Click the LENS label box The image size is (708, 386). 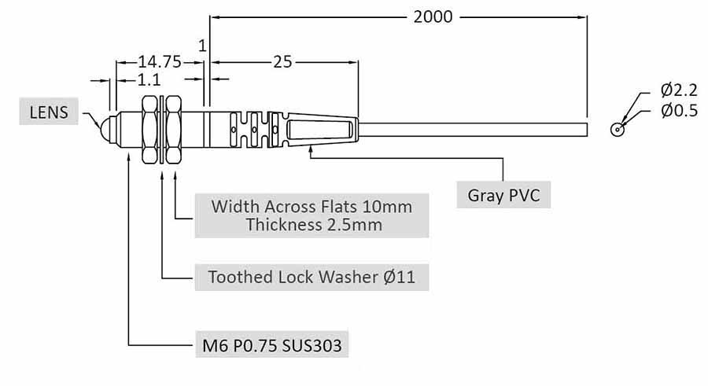click(x=49, y=112)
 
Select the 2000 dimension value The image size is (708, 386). click(x=433, y=17)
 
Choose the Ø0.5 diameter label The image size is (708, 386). click(x=678, y=111)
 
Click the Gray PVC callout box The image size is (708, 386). click(x=503, y=195)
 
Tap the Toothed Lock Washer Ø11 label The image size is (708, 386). click(x=312, y=277)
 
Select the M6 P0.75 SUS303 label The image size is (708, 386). click(x=271, y=344)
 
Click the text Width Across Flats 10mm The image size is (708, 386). click(x=312, y=207)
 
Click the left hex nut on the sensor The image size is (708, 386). click(x=149, y=129)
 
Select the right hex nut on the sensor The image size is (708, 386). click(x=175, y=129)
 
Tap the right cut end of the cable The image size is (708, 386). click(x=587, y=129)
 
